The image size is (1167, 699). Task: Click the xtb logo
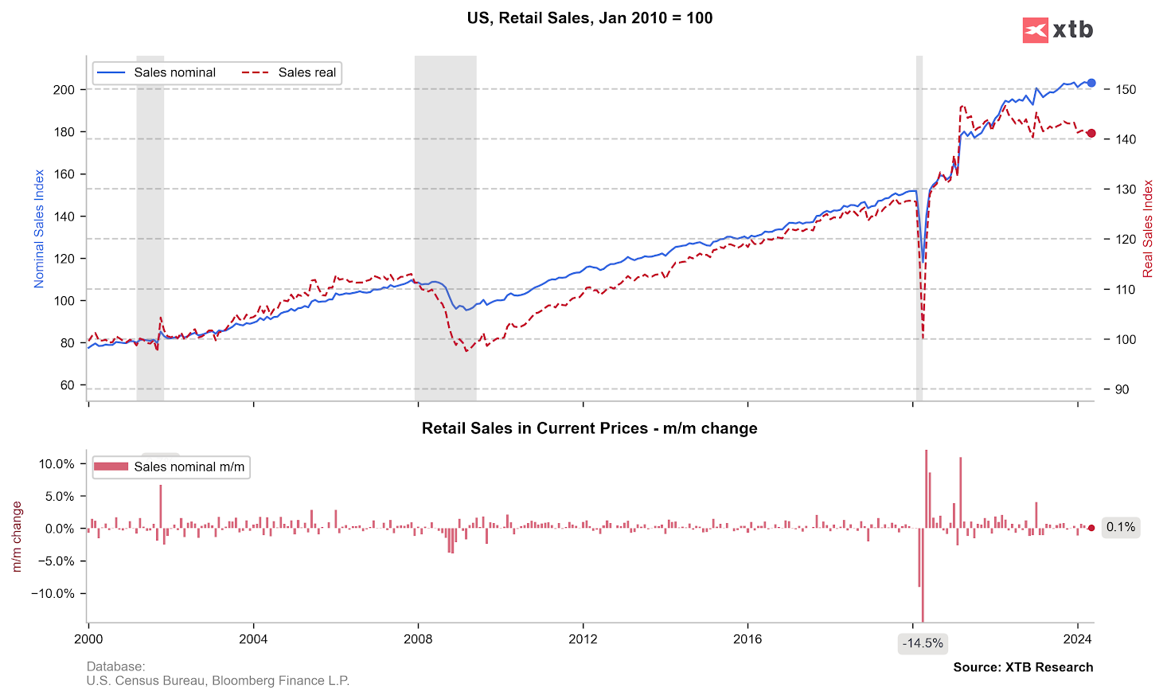click(1057, 30)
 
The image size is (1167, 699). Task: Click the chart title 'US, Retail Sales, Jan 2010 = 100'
click(589, 18)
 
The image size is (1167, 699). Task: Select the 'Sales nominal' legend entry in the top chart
click(156, 72)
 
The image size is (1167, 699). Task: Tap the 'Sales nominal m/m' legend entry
click(170, 467)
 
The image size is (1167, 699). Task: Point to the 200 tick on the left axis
click(64, 90)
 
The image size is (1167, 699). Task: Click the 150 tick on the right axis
click(1126, 90)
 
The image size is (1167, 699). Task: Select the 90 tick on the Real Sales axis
click(1122, 389)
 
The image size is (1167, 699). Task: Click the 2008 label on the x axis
click(418, 638)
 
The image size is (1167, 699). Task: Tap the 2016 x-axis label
click(747, 638)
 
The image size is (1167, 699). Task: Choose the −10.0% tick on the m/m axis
click(53, 593)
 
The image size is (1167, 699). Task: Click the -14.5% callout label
click(923, 643)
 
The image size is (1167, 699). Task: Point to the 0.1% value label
click(1121, 527)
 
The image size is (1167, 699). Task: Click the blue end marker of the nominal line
click(1091, 83)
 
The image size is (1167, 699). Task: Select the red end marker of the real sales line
click(1091, 134)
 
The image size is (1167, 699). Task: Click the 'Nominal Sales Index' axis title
click(39, 228)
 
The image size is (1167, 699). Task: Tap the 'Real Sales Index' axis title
click(1148, 228)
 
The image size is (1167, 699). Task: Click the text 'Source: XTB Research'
click(1023, 667)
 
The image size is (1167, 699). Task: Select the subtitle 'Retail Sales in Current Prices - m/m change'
click(589, 428)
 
